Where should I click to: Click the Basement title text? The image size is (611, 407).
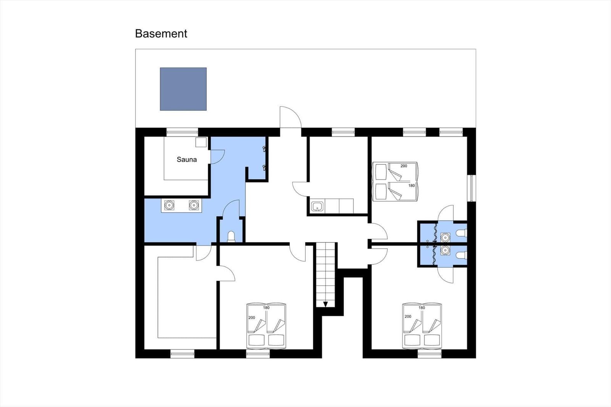click(x=161, y=34)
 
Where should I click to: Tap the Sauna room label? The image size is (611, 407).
click(x=187, y=160)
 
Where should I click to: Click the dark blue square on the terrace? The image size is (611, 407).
click(x=183, y=89)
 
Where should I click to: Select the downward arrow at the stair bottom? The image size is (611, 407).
click(x=325, y=304)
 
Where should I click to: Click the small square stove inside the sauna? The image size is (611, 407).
click(x=201, y=142)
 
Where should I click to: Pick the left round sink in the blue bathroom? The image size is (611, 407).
click(x=169, y=205)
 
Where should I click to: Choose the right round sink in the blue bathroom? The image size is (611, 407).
click(x=194, y=205)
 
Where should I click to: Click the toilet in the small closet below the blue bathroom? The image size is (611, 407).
click(x=231, y=237)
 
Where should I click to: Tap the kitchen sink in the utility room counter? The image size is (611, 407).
click(x=317, y=207)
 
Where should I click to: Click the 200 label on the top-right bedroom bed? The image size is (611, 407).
click(x=404, y=166)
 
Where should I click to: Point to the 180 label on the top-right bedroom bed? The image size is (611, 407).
click(x=411, y=186)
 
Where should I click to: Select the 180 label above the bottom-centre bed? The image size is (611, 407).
click(x=266, y=308)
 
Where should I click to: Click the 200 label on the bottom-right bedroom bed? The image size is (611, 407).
click(x=408, y=317)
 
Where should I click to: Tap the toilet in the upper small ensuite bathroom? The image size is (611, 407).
click(x=461, y=233)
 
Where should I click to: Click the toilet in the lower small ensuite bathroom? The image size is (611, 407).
click(x=461, y=255)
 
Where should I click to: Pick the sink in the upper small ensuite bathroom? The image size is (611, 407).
click(x=445, y=237)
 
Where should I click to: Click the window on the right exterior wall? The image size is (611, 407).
click(x=472, y=188)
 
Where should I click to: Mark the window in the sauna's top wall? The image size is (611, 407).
click(x=182, y=132)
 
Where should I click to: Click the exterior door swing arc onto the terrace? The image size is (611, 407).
click(x=291, y=116)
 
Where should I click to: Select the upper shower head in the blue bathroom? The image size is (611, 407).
click(x=264, y=149)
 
